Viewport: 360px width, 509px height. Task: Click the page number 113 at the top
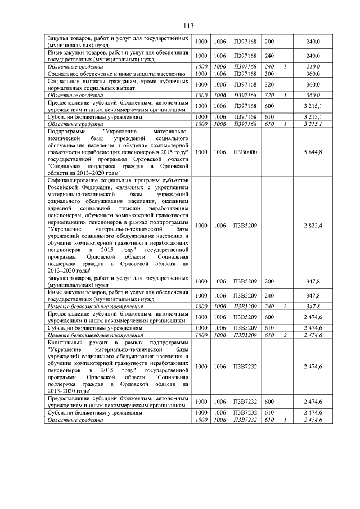188,26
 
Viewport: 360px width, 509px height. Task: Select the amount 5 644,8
312,152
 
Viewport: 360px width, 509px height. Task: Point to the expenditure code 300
269,74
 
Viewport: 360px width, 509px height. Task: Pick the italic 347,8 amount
312,307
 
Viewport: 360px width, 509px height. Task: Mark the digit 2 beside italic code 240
285,307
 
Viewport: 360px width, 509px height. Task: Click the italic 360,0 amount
312,96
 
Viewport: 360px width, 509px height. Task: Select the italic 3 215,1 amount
312,123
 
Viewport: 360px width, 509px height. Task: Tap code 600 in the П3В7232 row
269,402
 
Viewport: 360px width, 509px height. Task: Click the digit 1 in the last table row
285,420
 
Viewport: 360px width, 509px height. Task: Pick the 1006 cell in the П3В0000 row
219,152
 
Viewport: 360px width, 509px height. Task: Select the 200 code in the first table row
269,42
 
